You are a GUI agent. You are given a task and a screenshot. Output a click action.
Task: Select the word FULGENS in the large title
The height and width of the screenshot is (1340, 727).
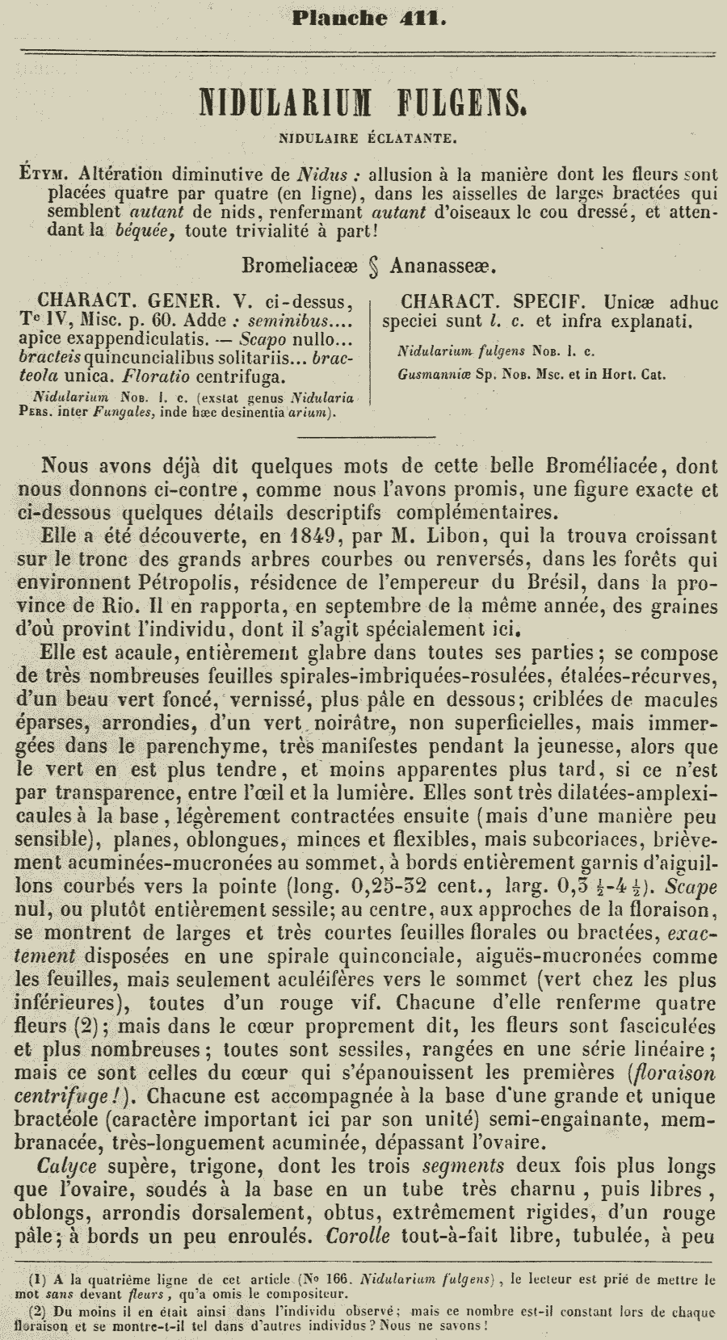456,105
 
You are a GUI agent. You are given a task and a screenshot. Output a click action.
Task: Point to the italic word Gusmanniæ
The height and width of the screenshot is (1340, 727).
429,374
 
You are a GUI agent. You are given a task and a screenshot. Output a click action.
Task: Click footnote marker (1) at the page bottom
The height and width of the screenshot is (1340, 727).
37,1279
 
